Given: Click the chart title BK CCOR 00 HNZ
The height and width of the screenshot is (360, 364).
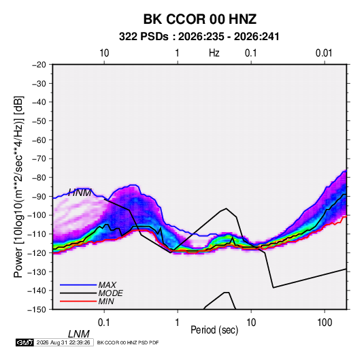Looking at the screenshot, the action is (x=200, y=19).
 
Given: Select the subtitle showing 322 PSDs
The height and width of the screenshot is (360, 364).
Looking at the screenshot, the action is (x=199, y=37).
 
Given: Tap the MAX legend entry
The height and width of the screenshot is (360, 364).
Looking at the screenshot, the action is (x=107, y=285).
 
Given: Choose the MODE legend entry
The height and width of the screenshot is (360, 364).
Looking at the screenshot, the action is (x=110, y=293).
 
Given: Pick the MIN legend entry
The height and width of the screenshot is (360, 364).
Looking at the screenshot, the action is (x=106, y=301).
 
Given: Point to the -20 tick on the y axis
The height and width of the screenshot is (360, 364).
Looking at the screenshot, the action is (x=39, y=65).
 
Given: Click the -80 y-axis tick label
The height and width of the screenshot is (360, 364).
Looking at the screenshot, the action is (x=39, y=178).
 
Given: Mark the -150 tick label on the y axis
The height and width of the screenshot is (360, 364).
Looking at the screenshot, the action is (x=37, y=310).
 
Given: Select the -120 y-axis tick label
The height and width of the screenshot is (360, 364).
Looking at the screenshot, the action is (x=37, y=253).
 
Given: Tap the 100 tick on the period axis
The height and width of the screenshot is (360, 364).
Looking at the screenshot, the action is (x=325, y=323).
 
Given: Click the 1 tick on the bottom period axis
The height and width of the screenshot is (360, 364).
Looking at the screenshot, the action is (x=177, y=323).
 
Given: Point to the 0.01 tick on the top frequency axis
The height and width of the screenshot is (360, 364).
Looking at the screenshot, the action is (x=324, y=53).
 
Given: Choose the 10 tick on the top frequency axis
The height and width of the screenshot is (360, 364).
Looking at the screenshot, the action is (x=104, y=53).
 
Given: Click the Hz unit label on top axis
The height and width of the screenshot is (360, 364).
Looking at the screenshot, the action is (x=214, y=53).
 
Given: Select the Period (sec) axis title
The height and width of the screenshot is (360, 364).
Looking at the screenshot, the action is (x=214, y=330).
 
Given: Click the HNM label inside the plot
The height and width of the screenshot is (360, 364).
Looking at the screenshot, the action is (x=80, y=193).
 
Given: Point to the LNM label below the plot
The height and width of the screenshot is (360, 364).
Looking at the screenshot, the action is (x=78, y=334).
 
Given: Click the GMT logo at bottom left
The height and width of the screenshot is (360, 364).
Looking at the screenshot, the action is (x=25, y=342).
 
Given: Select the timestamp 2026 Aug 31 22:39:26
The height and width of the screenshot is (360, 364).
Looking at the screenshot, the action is (x=63, y=342).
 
